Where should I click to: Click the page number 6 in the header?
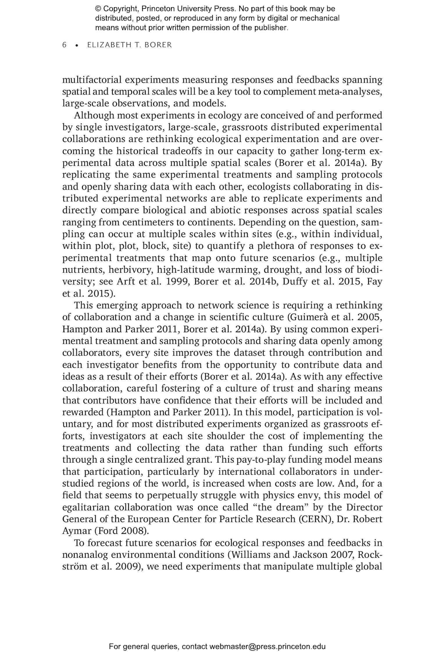[x=64, y=45]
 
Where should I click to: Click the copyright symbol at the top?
[x=98, y=9]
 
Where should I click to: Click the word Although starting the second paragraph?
[x=93, y=116]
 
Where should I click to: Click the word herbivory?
[x=131, y=270]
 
